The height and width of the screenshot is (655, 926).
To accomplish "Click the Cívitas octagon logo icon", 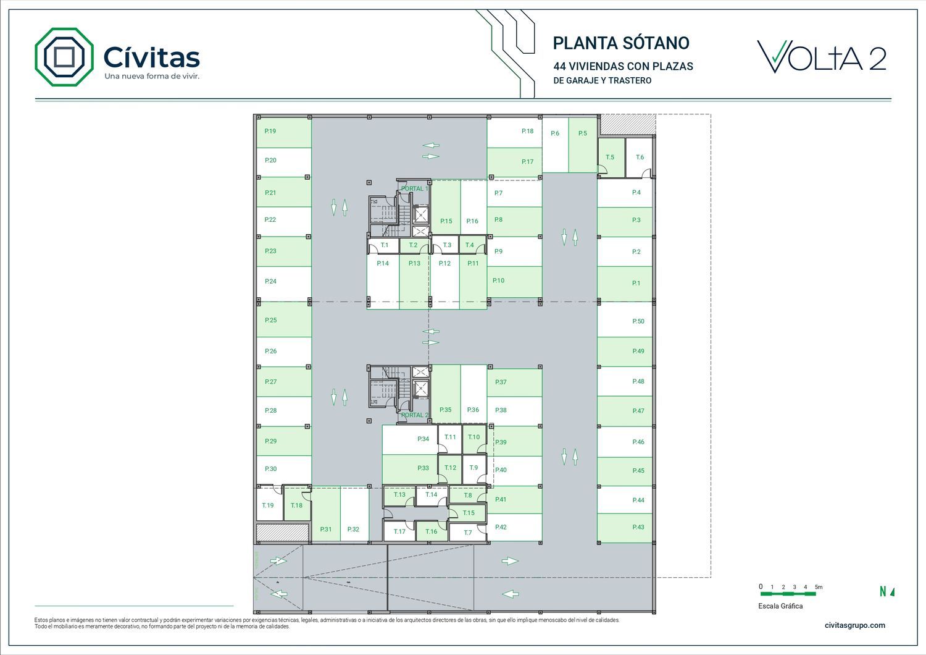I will tap(64, 57).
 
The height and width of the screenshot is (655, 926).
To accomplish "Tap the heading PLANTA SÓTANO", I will tap(620, 43).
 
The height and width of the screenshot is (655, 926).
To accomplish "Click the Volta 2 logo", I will tap(821, 57).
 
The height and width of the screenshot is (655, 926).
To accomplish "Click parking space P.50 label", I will tap(638, 321).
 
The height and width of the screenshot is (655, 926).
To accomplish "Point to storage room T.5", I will tap(611, 157).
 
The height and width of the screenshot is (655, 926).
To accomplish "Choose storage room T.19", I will tap(268, 505).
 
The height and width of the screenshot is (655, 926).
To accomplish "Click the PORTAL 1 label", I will tap(414, 188).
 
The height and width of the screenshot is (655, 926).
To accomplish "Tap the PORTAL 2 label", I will tap(414, 415).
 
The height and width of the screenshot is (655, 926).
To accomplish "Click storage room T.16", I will tap(432, 531).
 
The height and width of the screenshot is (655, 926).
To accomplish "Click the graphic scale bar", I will tap(788, 594).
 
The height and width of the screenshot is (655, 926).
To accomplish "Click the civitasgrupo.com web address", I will tap(854, 625).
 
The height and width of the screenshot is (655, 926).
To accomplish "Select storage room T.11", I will tap(451, 437).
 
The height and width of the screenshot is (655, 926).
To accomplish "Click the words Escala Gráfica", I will tap(780, 606).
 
